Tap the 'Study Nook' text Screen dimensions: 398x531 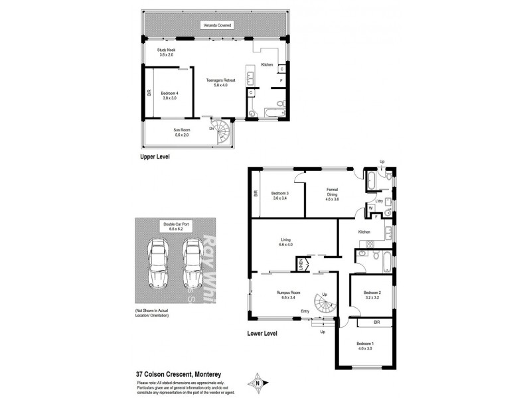[166, 52]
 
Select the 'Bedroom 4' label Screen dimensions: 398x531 [170, 95]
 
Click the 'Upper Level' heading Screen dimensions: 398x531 [155, 157]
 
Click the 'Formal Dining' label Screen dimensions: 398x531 [333, 194]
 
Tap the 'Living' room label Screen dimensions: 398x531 [285, 242]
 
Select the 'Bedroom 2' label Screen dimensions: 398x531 [372, 295]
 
